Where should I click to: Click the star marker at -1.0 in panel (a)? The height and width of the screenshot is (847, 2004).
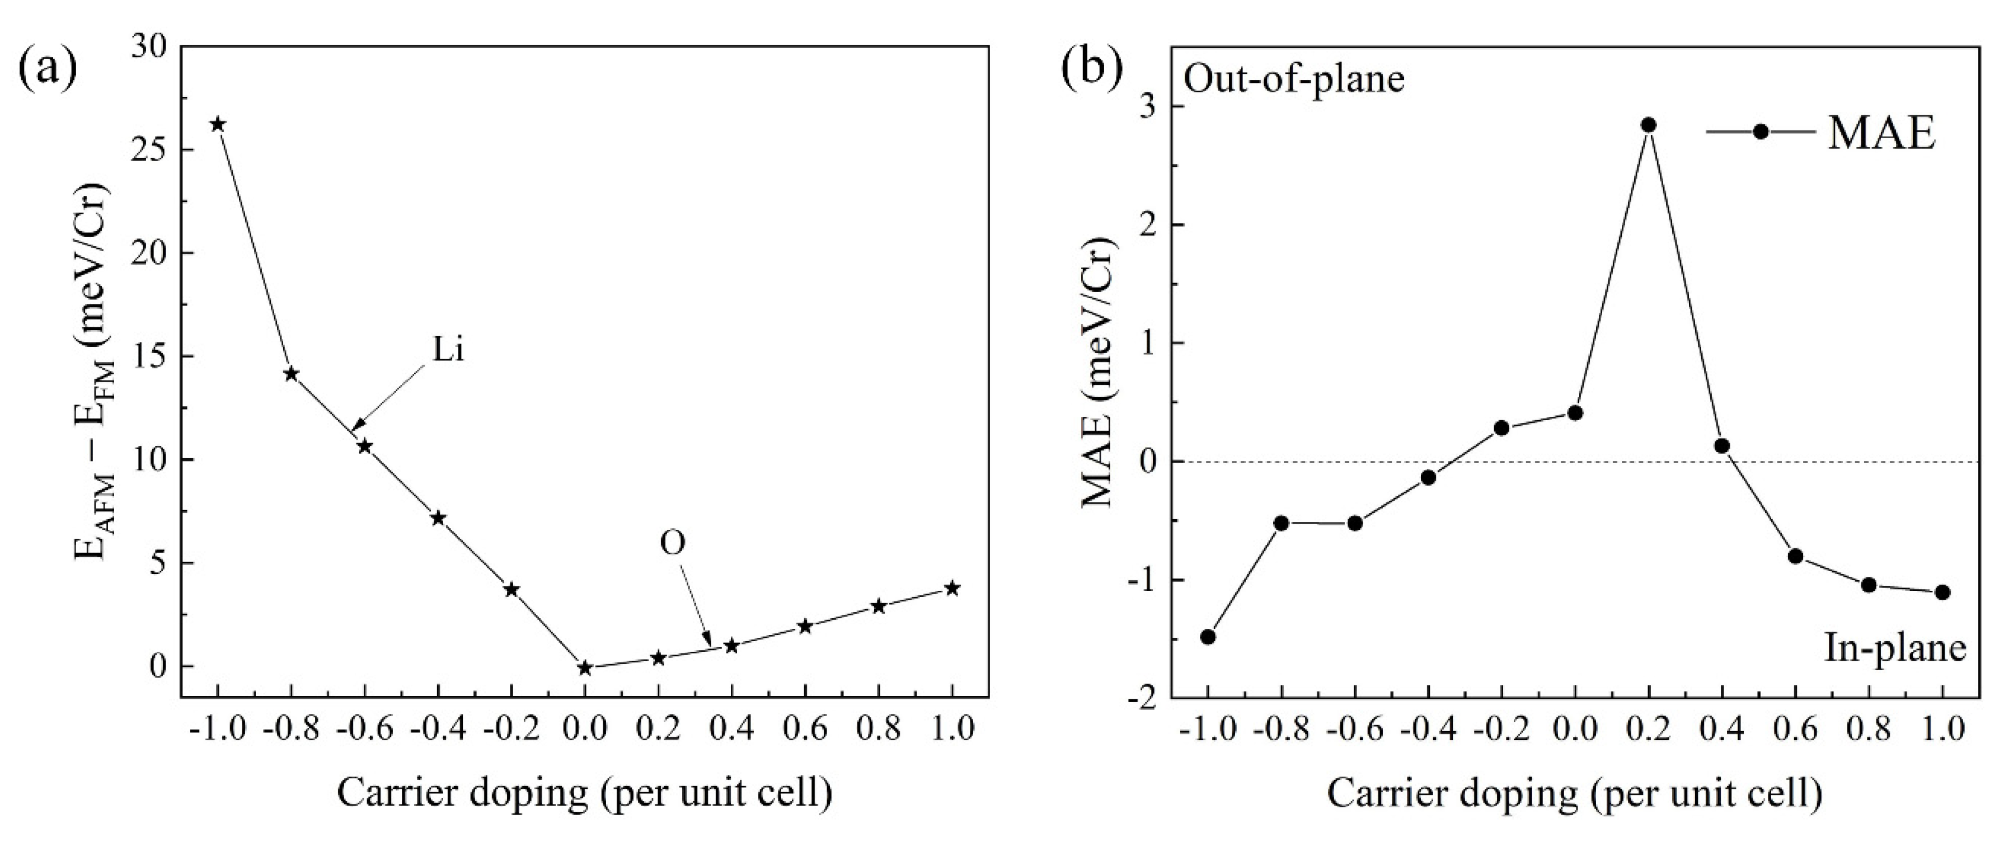pyautogui.click(x=218, y=124)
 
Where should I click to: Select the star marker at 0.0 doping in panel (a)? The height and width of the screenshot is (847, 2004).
pyautogui.click(x=585, y=667)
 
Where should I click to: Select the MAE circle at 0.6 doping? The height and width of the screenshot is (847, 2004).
pyautogui.click(x=1795, y=556)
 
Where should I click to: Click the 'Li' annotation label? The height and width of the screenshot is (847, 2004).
pyautogui.click(x=448, y=351)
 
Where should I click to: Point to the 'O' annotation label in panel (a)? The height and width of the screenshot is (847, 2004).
pyautogui.click(x=673, y=544)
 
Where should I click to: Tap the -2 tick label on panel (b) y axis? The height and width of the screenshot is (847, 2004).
pyautogui.click(x=1141, y=698)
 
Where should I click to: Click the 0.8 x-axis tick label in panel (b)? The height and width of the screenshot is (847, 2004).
pyautogui.click(x=1869, y=730)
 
